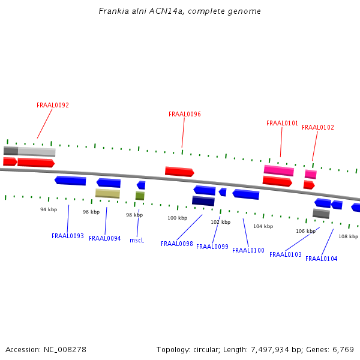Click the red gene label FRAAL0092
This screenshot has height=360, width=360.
pos(53,105)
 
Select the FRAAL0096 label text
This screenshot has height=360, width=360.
pos(185,114)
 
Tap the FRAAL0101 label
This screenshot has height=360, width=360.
pos(282,124)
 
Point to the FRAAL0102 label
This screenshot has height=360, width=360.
pos(318,127)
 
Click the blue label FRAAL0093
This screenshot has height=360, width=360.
pos(68,236)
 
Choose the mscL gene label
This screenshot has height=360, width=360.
pos(137,240)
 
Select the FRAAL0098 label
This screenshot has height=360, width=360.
pos(177,244)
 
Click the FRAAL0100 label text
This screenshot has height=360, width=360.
pos(248,250)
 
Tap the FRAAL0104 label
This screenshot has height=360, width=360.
pos(322,259)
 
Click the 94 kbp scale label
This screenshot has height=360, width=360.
pos(49,209)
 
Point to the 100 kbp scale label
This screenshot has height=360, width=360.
pos(178,218)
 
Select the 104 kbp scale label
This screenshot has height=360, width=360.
pos(263,226)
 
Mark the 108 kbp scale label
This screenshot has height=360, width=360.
pos(348,236)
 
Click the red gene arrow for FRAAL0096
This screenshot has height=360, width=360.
pos(179,172)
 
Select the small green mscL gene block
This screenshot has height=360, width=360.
pos(140,196)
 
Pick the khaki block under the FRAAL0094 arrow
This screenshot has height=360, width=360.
pos(107,193)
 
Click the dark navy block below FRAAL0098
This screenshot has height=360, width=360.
pos(203,201)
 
